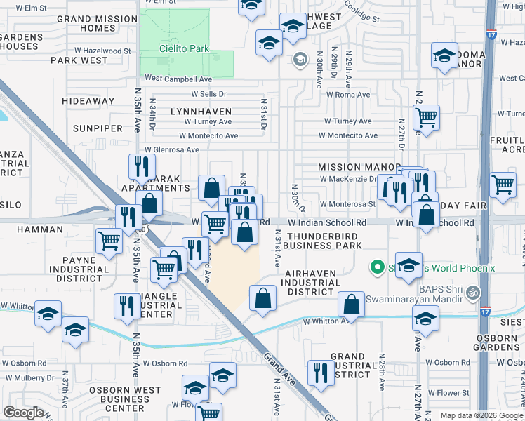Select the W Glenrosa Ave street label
pos(172,149)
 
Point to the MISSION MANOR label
pos(349,167)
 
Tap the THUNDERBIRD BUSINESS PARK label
pos(324,241)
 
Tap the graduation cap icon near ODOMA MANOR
pos(444,56)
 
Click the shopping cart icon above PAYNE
pos(109,241)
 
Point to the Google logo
pos(24,413)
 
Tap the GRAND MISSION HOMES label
pos(97,24)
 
